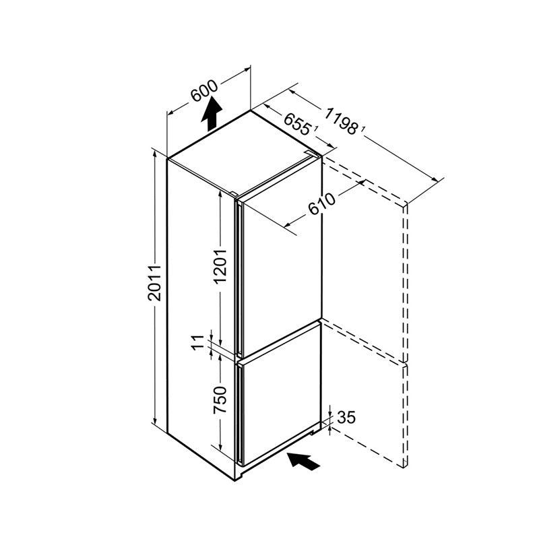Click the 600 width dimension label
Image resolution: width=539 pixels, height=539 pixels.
(x=205, y=91)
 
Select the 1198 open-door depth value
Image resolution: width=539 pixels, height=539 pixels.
(x=341, y=121)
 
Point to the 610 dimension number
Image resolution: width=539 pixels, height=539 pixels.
(x=321, y=204)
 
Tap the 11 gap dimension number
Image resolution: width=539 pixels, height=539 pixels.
(x=198, y=343)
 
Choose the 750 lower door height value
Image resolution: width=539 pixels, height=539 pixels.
(x=220, y=400)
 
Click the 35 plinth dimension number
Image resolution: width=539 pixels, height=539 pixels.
(x=346, y=417)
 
